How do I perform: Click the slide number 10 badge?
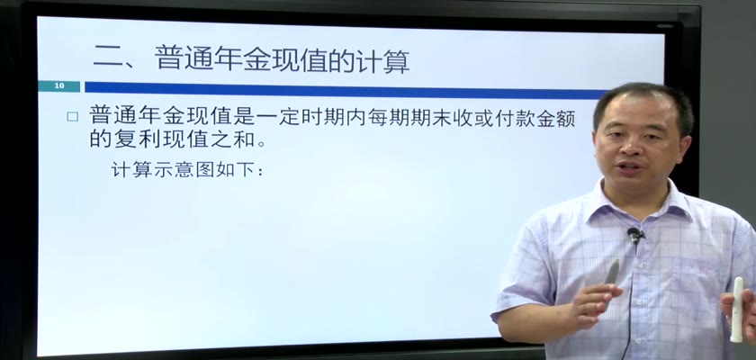[x=59, y=86]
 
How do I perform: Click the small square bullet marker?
[x=72, y=117]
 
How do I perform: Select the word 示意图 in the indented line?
[x=184, y=170]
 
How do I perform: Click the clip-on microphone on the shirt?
[x=635, y=236]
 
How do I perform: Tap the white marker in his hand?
[x=737, y=309]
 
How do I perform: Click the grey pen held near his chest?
[x=612, y=272]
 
